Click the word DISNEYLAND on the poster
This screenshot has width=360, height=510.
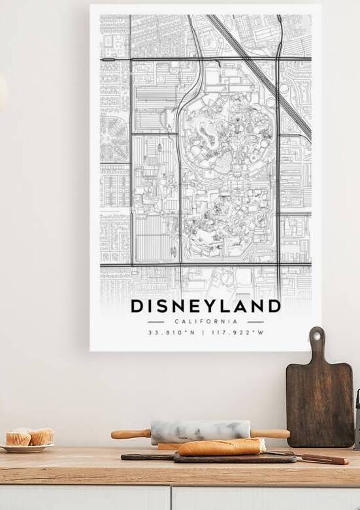tap(206, 306)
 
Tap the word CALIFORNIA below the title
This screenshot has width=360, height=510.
tap(206, 321)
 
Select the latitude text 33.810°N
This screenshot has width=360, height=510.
tap(172, 332)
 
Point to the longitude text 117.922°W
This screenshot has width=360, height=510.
tap(238, 332)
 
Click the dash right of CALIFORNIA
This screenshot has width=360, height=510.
tap(255, 321)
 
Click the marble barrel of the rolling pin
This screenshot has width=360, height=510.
tap(201, 431)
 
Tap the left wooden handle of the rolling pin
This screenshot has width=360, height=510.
tap(131, 434)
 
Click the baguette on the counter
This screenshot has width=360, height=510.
tap(222, 447)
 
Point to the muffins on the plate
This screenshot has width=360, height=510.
tap(29, 436)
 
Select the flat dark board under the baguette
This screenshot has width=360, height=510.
tap(150, 457)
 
